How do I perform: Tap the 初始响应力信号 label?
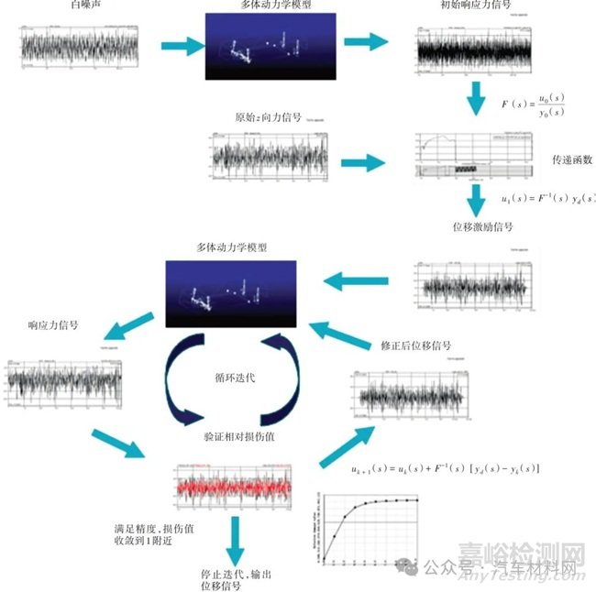click(477, 5)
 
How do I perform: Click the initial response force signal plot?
click(476, 50)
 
